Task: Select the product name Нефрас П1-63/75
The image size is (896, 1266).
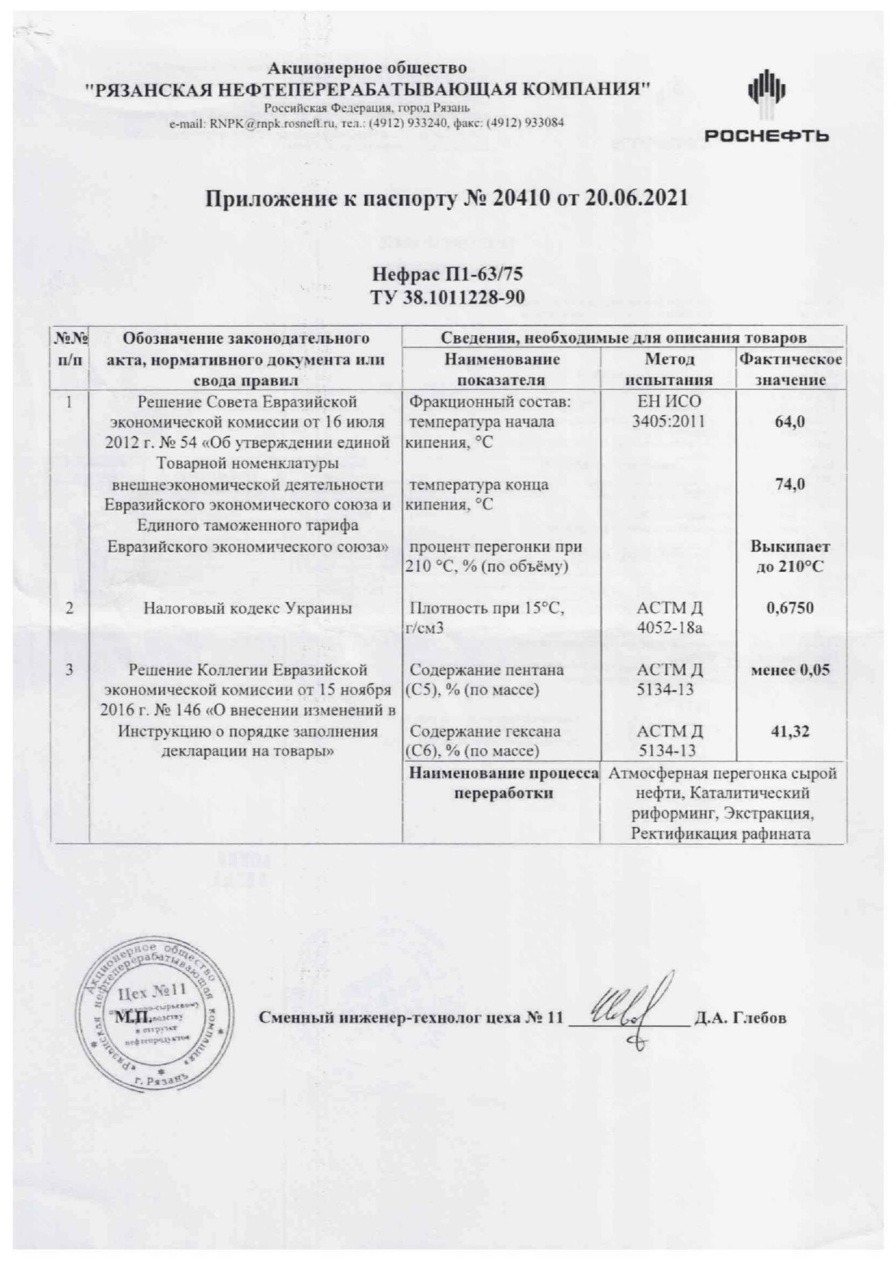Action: point(447,275)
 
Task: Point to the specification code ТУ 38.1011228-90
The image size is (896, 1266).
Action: point(447,297)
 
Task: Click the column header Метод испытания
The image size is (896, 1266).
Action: point(668,369)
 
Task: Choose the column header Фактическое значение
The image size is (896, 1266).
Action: point(790,369)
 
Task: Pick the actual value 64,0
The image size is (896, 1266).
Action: point(790,422)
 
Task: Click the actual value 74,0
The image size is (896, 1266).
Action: point(790,485)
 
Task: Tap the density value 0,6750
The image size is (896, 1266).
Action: point(790,608)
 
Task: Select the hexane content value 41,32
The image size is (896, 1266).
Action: point(790,732)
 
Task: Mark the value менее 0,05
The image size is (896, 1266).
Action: point(790,670)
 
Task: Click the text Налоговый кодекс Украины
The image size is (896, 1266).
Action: point(247,608)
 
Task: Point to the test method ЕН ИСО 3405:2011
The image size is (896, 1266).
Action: point(668,412)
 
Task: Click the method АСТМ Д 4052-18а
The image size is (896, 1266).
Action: point(668,618)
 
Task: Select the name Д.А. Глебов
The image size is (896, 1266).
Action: point(740,1018)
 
